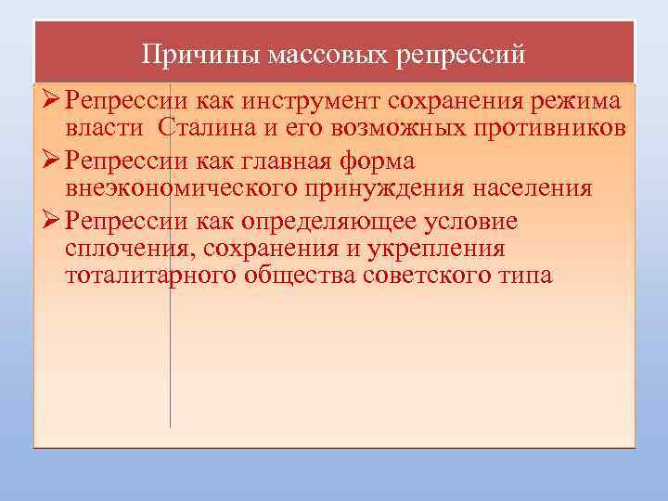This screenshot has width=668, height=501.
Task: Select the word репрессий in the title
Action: pos(461,55)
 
